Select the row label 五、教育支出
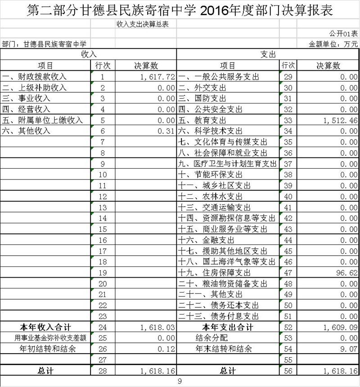[202, 121]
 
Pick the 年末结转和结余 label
[223, 349]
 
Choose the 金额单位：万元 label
[333, 44]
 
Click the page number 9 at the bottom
[180, 382]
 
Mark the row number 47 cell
[288, 273]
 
